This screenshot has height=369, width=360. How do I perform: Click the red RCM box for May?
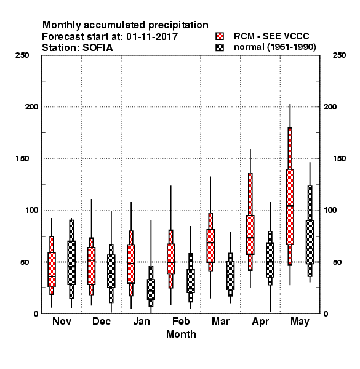[290, 207]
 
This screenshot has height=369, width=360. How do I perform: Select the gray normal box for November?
[71, 263]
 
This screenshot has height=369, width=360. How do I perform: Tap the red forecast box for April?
[250, 235]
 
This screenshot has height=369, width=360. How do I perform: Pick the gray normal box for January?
[151, 289]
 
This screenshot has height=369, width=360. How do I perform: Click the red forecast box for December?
[91, 266]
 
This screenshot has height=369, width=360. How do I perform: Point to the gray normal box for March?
[230, 276]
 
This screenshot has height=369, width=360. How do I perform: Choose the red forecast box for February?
[170, 259]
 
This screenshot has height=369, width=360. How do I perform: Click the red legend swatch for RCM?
[220, 36]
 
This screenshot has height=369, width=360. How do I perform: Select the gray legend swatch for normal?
[220, 47]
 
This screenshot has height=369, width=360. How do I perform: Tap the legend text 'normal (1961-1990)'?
[274, 47]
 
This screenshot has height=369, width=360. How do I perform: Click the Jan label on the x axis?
[142, 321]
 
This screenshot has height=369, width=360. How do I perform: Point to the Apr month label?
[260, 322]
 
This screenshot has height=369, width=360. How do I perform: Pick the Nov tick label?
[62, 321]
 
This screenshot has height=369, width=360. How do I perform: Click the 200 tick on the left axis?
[31, 106]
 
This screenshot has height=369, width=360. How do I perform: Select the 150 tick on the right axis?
[339, 159]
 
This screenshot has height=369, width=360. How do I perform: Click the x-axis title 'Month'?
[181, 334]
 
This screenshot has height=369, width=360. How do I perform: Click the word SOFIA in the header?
[97, 48]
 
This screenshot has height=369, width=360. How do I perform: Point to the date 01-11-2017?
[152, 37]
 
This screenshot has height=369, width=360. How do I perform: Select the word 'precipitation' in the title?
[178, 25]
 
